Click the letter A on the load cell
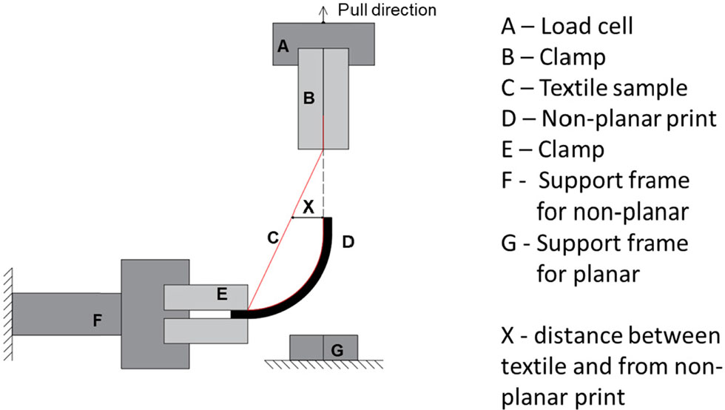tap(282, 47)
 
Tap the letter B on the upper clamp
tap(310, 98)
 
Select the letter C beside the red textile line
tap(272, 238)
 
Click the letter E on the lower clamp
tap(221, 294)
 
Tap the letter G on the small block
tap(337, 349)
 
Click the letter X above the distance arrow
tap(309, 207)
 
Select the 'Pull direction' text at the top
tap(387, 10)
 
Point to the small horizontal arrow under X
tap(306, 218)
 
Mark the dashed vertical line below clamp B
tap(323, 185)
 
